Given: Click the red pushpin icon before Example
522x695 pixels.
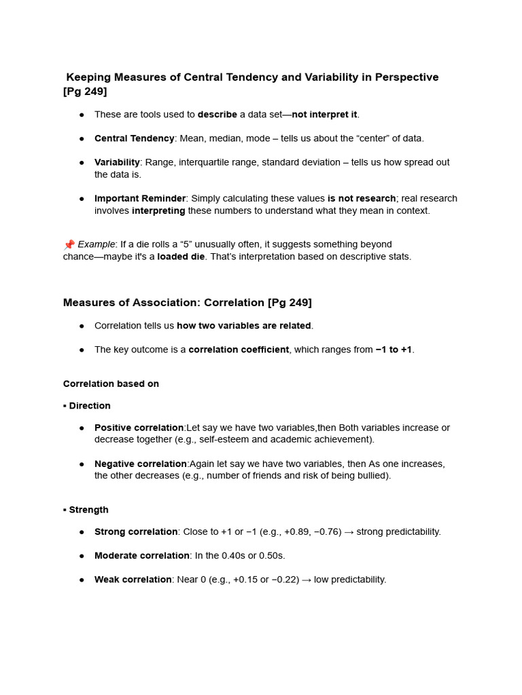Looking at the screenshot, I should (x=69, y=244).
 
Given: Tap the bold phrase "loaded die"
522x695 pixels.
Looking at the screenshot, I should (x=181, y=257).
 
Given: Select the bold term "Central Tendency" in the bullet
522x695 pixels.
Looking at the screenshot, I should (x=135, y=138).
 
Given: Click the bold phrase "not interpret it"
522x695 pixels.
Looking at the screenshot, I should (x=324, y=114).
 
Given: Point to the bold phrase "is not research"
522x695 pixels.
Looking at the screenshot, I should (x=361, y=198).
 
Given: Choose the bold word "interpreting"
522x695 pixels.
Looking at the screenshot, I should (x=158, y=210).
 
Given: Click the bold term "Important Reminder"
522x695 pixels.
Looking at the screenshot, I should (x=140, y=198).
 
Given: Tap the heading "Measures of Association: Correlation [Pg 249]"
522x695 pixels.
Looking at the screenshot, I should (x=188, y=302).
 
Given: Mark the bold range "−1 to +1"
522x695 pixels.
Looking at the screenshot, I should (x=394, y=350).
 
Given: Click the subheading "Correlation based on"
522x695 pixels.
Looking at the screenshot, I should (x=111, y=383).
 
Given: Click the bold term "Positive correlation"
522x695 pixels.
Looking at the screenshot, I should (x=139, y=428).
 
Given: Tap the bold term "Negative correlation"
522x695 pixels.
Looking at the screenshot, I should (x=141, y=464).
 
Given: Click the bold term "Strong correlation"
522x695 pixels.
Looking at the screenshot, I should (x=136, y=531).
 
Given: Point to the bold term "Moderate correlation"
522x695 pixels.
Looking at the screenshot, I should (x=142, y=555).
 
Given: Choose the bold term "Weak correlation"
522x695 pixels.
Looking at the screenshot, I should (x=133, y=580).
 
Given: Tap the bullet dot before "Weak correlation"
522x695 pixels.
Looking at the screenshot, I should (x=82, y=580).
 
